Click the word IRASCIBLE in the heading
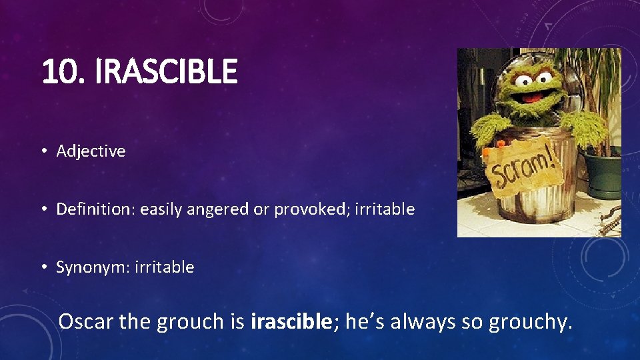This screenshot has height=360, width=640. click(x=166, y=72)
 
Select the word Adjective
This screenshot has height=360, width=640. click(x=91, y=151)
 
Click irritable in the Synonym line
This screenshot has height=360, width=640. click(x=164, y=267)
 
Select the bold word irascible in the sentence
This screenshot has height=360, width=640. click(x=291, y=321)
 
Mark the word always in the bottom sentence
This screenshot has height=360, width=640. click(x=423, y=321)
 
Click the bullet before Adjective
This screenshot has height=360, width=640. click(x=43, y=152)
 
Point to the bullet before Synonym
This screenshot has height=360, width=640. click(x=43, y=268)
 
